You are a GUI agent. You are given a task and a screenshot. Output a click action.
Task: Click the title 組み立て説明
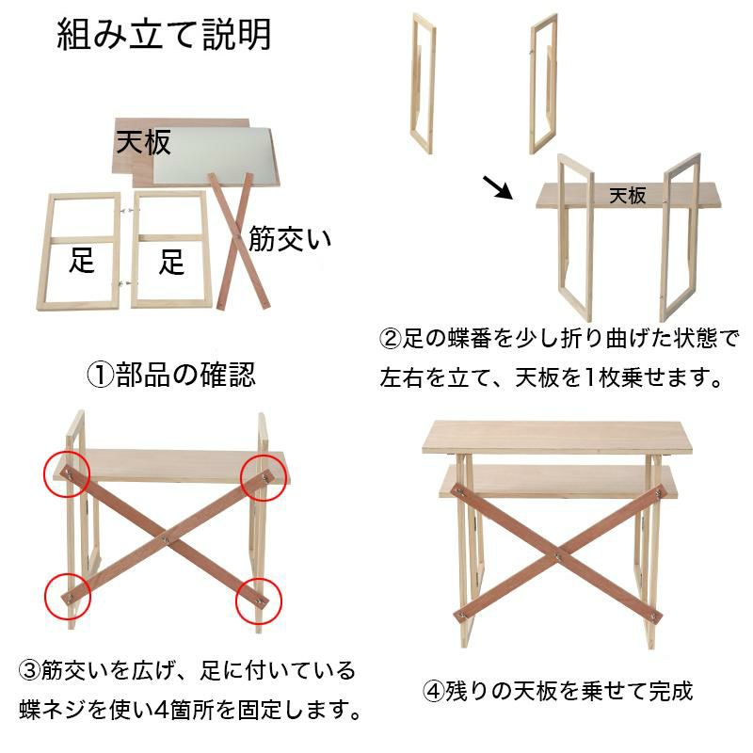click(x=164, y=35)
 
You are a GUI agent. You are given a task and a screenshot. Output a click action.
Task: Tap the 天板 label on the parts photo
click(x=144, y=142)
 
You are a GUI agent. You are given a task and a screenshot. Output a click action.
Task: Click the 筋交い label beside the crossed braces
click(x=290, y=239)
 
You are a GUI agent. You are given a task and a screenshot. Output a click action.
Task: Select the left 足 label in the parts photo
click(x=82, y=261)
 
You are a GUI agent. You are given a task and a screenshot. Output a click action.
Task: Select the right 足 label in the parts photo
click(x=171, y=262)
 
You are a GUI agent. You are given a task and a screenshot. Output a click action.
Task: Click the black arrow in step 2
click(x=498, y=187)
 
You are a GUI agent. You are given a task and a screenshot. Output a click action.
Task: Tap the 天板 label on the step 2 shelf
click(x=628, y=196)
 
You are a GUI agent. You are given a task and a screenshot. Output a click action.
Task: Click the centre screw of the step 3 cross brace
click(x=165, y=539)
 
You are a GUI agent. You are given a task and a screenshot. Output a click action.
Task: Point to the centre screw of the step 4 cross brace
click(x=558, y=557)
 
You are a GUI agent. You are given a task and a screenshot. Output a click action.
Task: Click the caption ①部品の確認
click(x=171, y=374)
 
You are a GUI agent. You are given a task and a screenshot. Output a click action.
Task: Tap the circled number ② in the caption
click(x=390, y=339)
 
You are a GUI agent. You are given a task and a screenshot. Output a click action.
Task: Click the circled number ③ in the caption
click(x=30, y=670)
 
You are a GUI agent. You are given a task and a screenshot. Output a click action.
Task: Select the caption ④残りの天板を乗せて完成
click(x=557, y=691)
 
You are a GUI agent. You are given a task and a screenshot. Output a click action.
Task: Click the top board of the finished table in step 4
click(x=557, y=437)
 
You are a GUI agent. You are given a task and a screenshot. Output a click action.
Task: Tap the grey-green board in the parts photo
click(x=216, y=156)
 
